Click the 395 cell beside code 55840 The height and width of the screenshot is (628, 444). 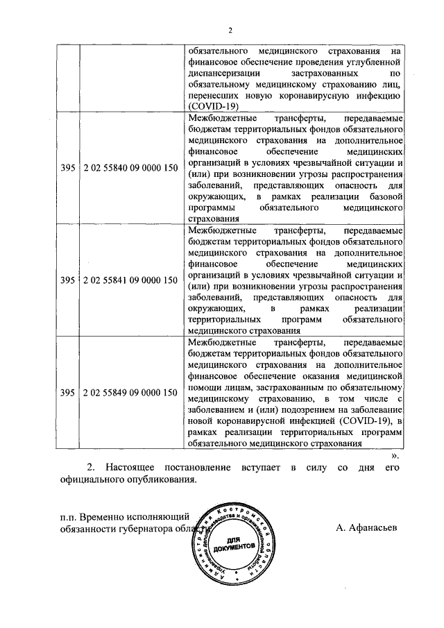[x=67, y=167]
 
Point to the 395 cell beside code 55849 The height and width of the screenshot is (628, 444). [x=67, y=393]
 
